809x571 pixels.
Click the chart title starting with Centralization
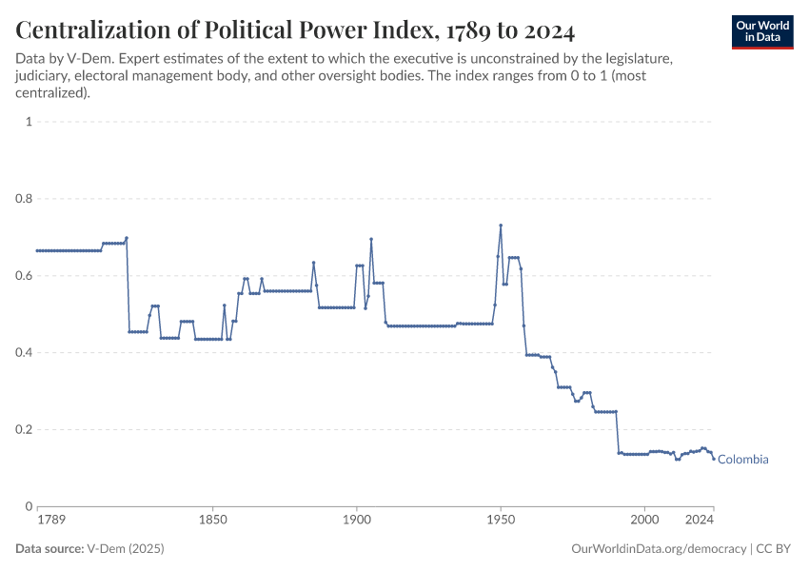[x=295, y=30]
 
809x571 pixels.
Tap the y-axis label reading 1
[x=30, y=122]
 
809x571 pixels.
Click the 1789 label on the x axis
[x=51, y=521]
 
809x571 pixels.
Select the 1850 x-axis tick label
[x=212, y=521]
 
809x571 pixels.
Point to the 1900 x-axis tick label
[x=357, y=521]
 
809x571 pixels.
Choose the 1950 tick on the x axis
[x=501, y=521]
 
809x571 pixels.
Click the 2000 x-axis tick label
[x=644, y=521]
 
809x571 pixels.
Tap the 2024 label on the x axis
[x=700, y=521]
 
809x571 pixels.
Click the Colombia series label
[x=742, y=460]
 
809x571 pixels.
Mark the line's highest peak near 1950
[x=501, y=226]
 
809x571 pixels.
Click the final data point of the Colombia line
[x=713, y=459]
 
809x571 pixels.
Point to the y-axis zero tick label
[x=30, y=506]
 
